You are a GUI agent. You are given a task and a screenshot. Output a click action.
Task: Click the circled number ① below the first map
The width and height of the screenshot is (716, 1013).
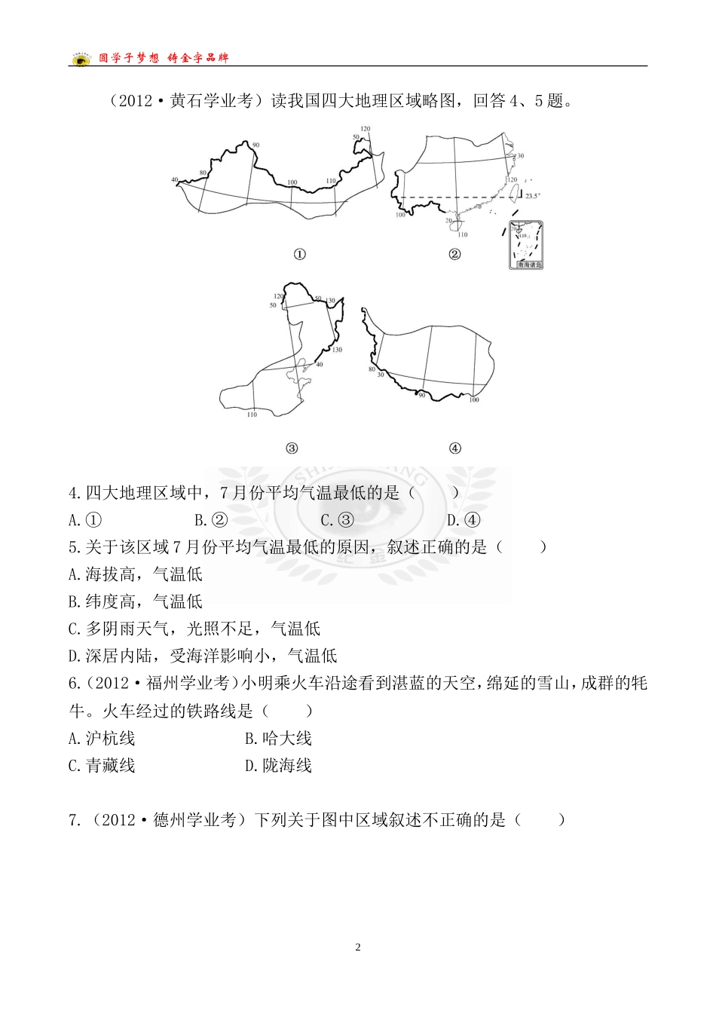click(x=299, y=255)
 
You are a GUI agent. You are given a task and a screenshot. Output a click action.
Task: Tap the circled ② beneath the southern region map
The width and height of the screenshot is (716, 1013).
click(x=454, y=254)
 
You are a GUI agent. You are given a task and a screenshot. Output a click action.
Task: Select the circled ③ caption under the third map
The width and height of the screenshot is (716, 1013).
click(x=292, y=448)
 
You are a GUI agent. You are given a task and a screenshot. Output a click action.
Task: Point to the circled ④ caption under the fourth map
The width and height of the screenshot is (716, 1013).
click(x=454, y=448)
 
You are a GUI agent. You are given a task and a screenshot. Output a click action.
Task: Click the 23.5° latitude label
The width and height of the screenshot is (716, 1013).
click(x=533, y=196)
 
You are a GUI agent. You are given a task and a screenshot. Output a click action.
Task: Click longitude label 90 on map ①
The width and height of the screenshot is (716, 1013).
click(x=255, y=145)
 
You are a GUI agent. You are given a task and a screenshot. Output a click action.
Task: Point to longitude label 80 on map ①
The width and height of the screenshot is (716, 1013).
click(x=203, y=173)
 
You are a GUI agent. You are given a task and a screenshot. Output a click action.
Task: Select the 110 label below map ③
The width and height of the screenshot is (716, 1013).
click(x=252, y=415)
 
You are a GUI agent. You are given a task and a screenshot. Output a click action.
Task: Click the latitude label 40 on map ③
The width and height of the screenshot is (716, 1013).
click(x=319, y=365)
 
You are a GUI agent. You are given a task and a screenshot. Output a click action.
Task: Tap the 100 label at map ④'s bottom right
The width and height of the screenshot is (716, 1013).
click(x=474, y=399)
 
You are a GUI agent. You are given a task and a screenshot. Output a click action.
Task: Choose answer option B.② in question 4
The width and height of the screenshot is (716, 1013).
click(x=211, y=520)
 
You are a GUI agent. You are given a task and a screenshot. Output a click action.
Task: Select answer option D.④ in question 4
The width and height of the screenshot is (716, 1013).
click(x=464, y=520)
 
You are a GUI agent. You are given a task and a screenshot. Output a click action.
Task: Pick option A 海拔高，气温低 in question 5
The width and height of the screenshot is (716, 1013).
click(x=136, y=574)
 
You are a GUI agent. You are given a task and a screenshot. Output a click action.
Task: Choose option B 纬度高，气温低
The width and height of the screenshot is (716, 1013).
click(x=136, y=601)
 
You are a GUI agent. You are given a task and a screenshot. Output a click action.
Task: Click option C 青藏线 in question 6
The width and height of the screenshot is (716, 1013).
click(x=102, y=766)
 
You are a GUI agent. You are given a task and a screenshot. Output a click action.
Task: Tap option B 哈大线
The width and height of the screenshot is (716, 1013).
click(x=278, y=739)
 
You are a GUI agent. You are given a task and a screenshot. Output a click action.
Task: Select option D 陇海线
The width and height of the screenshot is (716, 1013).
click(x=278, y=766)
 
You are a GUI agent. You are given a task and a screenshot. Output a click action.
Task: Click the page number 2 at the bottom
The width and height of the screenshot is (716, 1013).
click(x=358, y=947)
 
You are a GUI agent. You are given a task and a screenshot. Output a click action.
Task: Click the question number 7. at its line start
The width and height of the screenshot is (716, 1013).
click(x=74, y=820)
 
